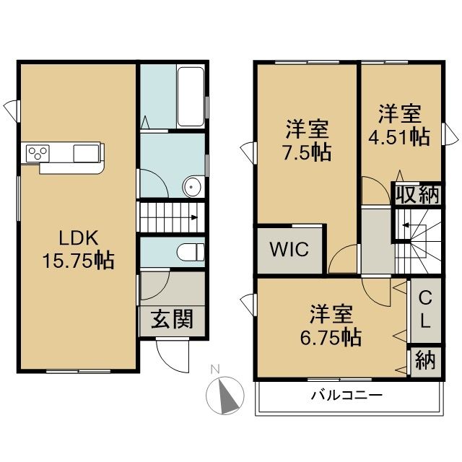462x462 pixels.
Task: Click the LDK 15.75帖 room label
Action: (x=79, y=249)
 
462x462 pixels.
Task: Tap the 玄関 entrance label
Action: (x=172, y=319)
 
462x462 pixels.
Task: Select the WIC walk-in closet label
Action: (x=289, y=249)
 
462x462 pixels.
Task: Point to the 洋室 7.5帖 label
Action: (x=307, y=141)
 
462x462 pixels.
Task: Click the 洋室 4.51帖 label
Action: (x=399, y=126)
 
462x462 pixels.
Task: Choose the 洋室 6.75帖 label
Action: (x=331, y=326)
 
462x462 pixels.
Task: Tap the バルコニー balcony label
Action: (x=346, y=395)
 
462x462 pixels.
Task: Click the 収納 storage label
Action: (x=418, y=195)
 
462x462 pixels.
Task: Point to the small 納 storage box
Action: (x=425, y=361)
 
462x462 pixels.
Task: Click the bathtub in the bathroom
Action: (x=191, y=97)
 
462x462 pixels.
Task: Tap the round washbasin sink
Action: (x=191, y=187)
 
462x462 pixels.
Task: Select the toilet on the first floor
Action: (x=191, y=253)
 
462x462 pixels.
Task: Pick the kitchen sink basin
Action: (x=86, y=153)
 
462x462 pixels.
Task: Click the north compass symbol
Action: (x=225, y=396)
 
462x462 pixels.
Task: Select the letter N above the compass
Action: (x=215, y=369)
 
